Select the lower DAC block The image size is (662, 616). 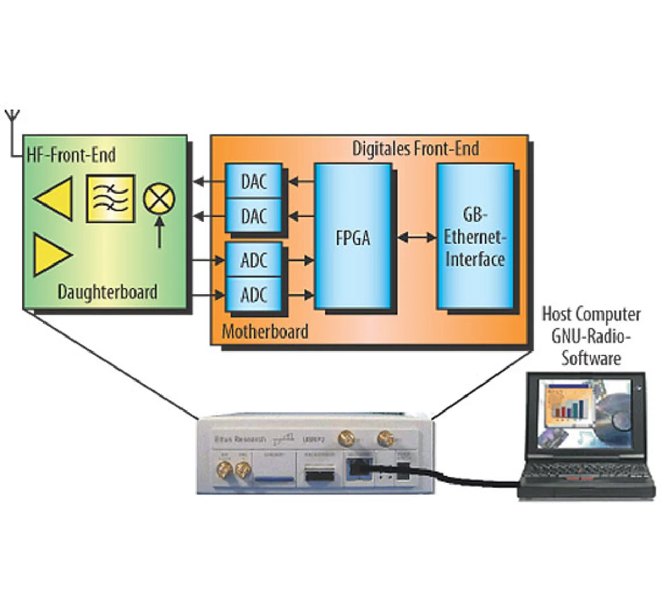click(253, 215)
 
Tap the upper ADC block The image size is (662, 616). click(253, 260)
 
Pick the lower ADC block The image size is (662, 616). click(253, 295)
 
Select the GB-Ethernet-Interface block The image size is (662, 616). click(475, 237)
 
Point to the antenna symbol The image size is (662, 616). click(12, 118)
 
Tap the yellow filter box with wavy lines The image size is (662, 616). click(110, 199)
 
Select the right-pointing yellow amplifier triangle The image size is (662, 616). click(50, 255)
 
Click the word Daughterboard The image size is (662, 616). click(107, 292)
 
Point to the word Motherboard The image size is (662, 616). click(265, 331)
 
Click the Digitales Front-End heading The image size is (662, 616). click(415, 149)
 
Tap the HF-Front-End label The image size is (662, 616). click(71, 155)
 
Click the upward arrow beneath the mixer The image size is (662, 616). click(159, 232)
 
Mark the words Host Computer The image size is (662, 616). click(591, 314)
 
